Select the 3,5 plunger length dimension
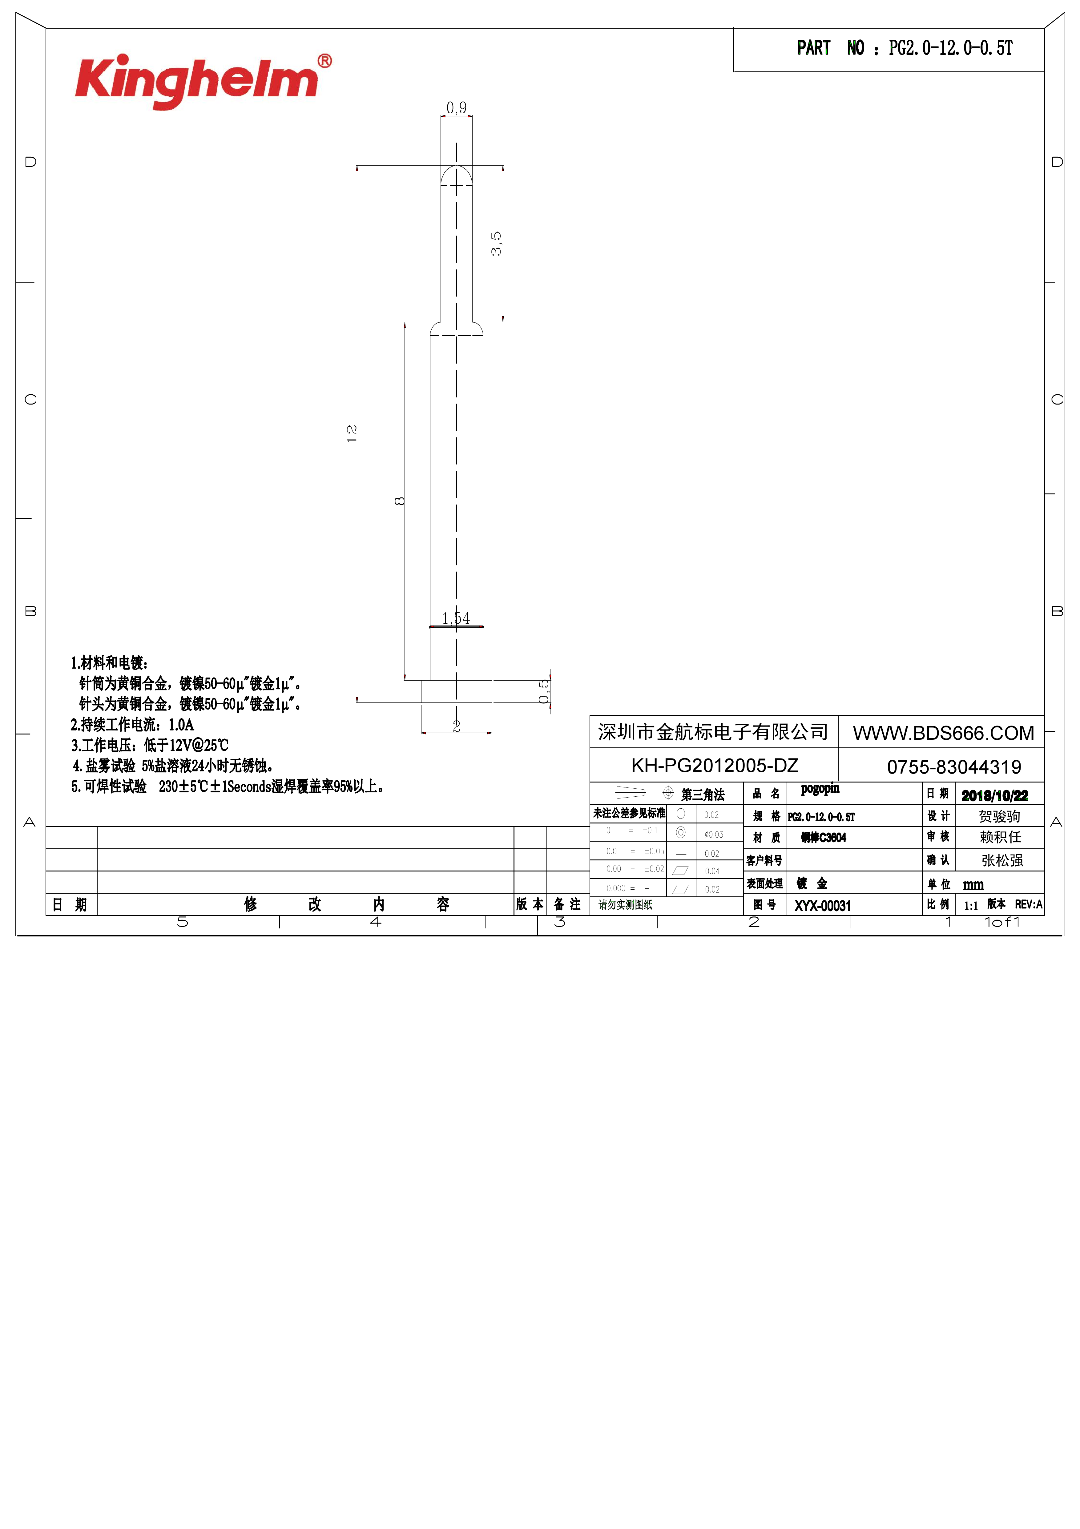click(496, 244)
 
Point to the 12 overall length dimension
click(352, 433)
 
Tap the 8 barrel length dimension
click(400, 501)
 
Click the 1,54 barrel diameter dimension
click(456, 619)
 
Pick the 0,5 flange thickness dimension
click(544, 691)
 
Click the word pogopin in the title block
click(820, 789)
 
